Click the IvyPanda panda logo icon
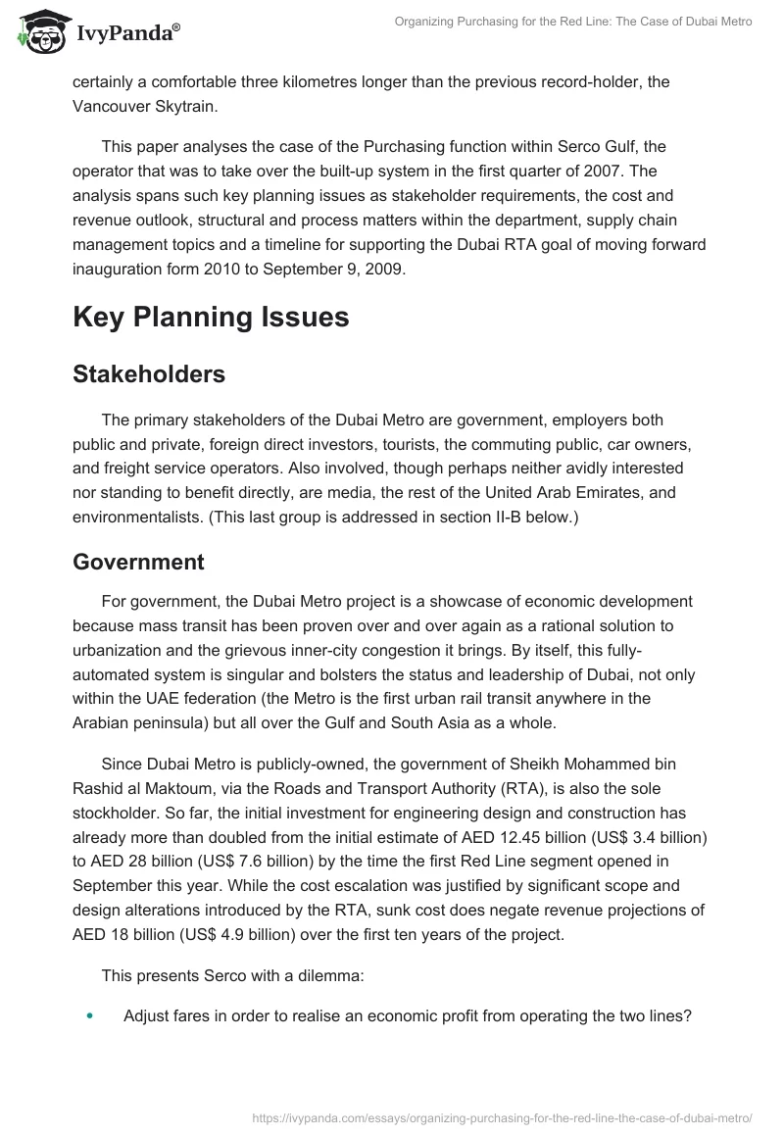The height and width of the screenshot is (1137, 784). [38, 30]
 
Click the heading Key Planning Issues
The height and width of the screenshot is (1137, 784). [212, 319]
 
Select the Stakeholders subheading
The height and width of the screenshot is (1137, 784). [148, 373]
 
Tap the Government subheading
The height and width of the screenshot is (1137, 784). [138, 562]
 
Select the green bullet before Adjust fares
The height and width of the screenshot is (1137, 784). [90, 1016]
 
